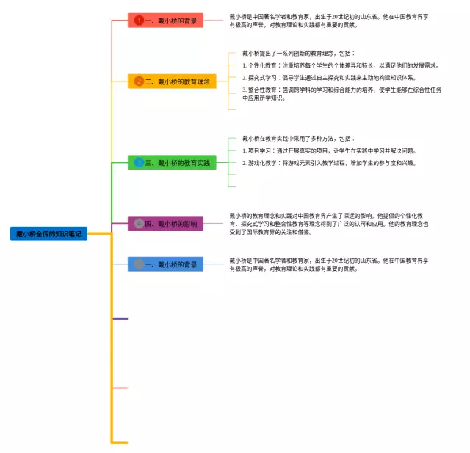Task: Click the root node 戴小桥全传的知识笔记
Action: click(48, 234)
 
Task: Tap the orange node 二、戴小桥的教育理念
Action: click(172, 81)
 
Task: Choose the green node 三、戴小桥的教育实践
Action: click(172, 162)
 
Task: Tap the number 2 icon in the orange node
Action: click(139, 81)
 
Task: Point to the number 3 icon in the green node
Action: click(139, 162)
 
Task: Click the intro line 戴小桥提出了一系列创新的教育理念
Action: click(298, 54)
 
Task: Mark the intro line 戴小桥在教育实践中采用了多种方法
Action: click(298, 138)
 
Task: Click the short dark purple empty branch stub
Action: click(120, 319)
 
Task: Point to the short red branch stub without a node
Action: click(120, 388)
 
